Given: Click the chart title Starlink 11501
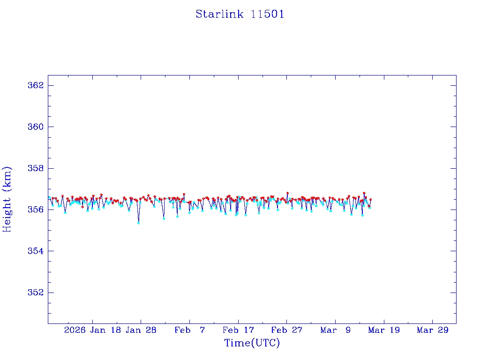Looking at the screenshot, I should (240, 15).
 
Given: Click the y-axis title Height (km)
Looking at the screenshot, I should (7, 199).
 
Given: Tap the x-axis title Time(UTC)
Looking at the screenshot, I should (252, 343).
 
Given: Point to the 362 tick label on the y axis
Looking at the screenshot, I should (36, 85).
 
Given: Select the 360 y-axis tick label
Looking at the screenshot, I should (36, 127).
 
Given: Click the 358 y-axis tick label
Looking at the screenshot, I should (36, 168).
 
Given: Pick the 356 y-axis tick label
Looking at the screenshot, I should (36, 210).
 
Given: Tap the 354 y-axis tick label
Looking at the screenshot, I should (36, 251).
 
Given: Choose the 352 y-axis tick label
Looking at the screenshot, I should (36, 292).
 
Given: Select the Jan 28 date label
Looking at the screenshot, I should (141, 330).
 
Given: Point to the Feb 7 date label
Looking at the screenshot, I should (190, 330).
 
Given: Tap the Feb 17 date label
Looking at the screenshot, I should (238, 330).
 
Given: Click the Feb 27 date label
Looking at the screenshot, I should (287, 330).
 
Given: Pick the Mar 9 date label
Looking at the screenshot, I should (336, 330).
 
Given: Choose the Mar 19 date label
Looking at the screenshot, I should (384, 330).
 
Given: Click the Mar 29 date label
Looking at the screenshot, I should (433, 330).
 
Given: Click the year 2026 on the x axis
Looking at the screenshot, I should (75, 330).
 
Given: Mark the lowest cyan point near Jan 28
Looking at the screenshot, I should (138, 223).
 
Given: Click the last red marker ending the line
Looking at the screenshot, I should (371, 200).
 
